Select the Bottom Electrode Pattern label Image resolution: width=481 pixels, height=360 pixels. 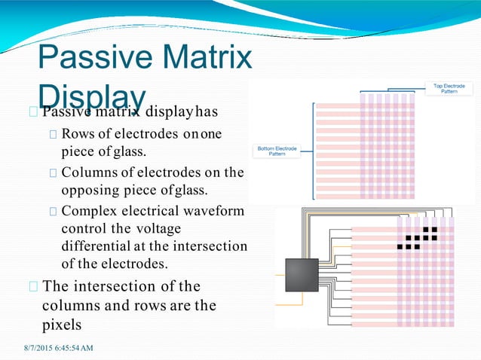coord(277,151)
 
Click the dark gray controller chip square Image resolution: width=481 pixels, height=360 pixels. coord(302,276)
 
